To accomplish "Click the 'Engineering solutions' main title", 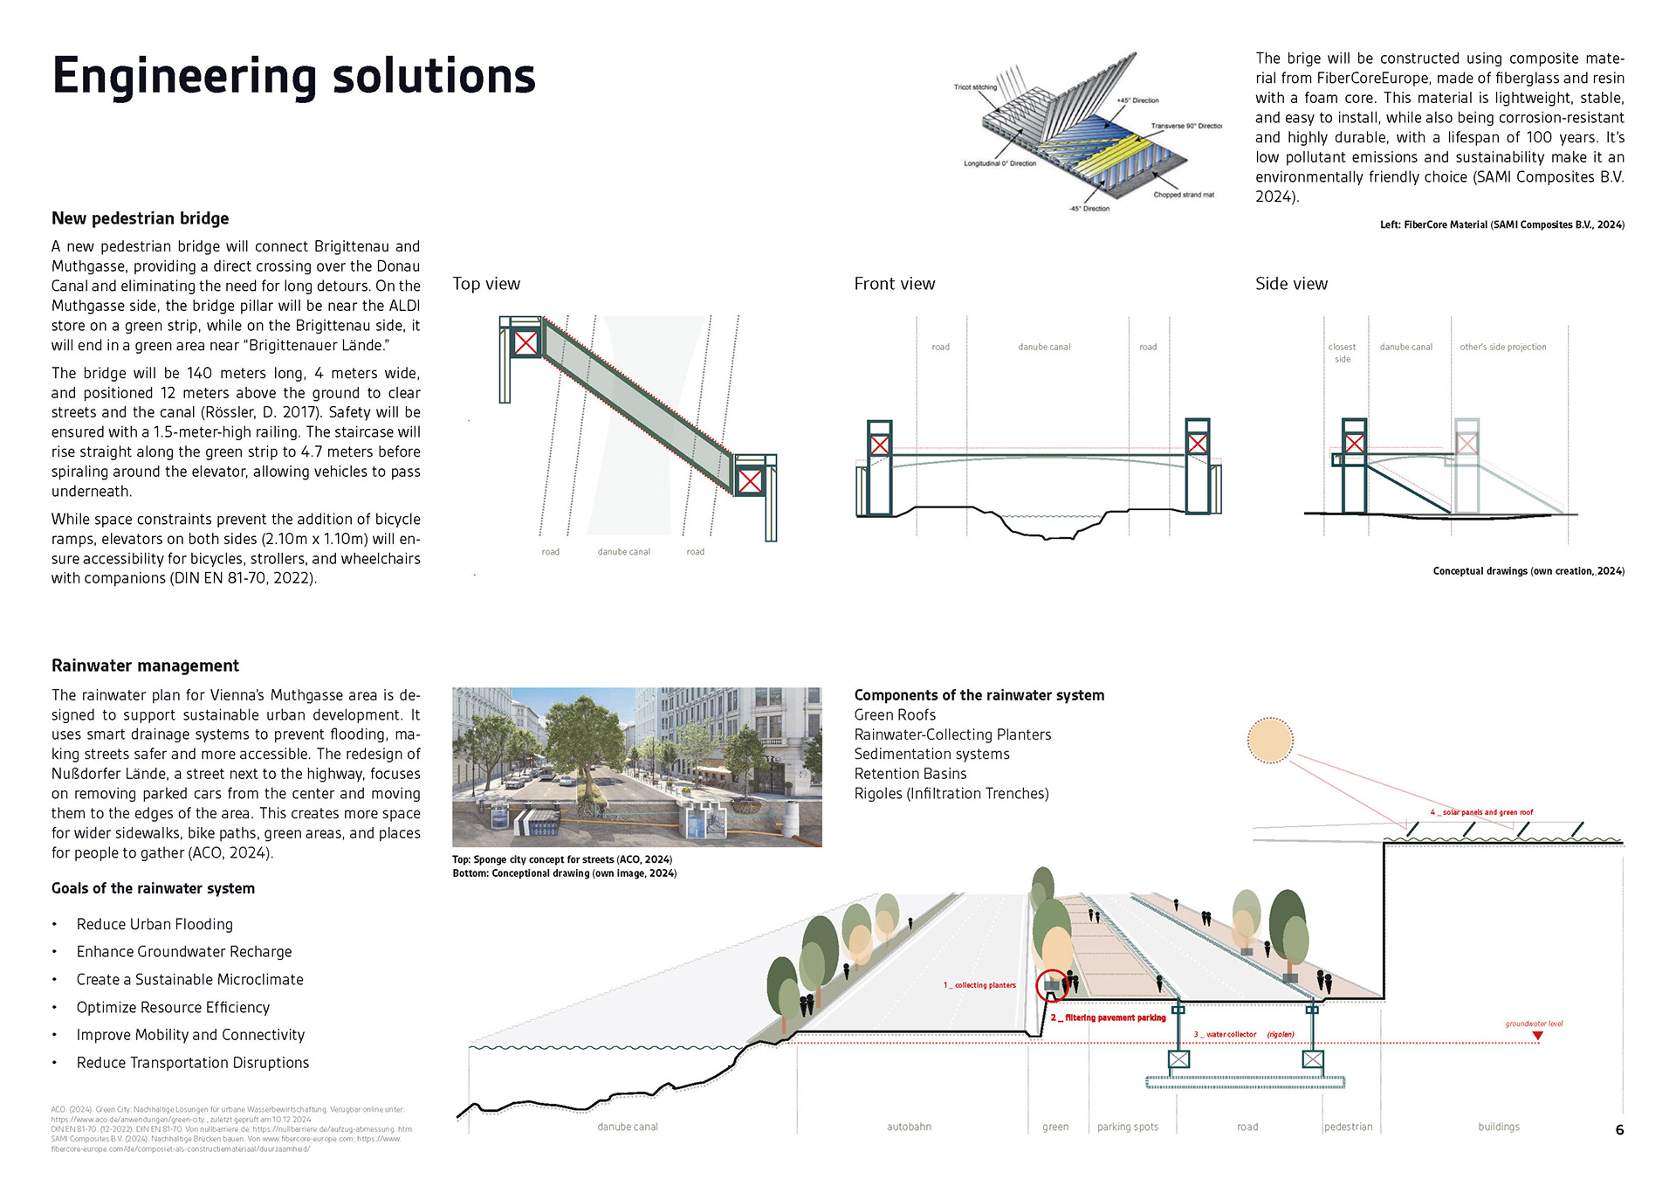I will tap(293, 76).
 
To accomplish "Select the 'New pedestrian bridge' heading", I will tap(140, 218).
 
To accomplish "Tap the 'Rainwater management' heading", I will tap(145, 665).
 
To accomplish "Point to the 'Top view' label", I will tap(486, 284).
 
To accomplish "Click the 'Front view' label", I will tap(894, 284).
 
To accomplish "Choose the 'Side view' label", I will tap(1291, 284).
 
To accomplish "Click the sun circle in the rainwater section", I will tap(1269, 740).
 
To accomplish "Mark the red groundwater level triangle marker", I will tap(1537, 1037).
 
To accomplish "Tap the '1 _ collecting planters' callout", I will tap(979, 985).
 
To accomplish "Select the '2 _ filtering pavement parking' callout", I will tap(1108, 1017).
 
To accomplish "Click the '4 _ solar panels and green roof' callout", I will tap(1481, 812).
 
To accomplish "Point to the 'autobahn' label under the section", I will tap(909, 1127).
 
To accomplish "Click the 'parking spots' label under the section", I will tap(1128, 1127).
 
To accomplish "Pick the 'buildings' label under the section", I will tap(1499, 1127).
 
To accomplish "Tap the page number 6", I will tap(1619, 1130).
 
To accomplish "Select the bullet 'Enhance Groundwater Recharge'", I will tap(183, 952).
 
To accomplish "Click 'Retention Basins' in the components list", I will tap(910, 774).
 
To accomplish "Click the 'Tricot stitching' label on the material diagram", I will tap(975, 87).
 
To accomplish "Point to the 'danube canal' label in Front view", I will tap(1044, 348).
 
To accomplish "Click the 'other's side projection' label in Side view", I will tap(1502, 348).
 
